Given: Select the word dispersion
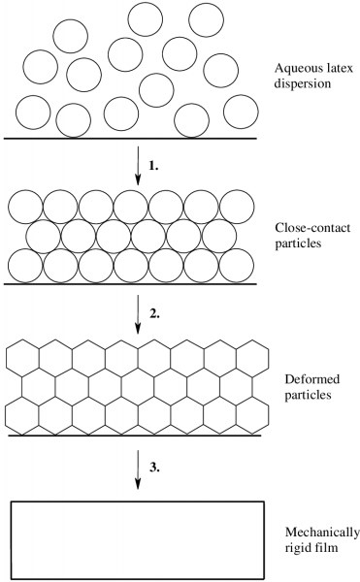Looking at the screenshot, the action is [303, 83].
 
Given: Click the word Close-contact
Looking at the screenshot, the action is [312, 228].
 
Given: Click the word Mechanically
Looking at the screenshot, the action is [322, 533].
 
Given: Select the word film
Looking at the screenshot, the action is [327, 547].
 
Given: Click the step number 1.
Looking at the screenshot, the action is [153, 166].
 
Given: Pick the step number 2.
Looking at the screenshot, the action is [154, 314].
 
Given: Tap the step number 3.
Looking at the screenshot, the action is [154, 468].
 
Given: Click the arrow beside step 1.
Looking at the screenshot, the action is [138, 166].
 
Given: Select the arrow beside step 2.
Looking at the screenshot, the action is [138, 314].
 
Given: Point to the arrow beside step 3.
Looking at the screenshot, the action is [138, 469].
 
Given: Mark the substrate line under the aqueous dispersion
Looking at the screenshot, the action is [130, 139].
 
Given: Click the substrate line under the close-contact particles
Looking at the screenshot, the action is [130, 284].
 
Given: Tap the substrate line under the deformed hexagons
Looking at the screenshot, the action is [134, 436].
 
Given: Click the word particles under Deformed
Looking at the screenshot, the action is [308, 395].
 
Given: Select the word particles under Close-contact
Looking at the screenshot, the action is [298, 243].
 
